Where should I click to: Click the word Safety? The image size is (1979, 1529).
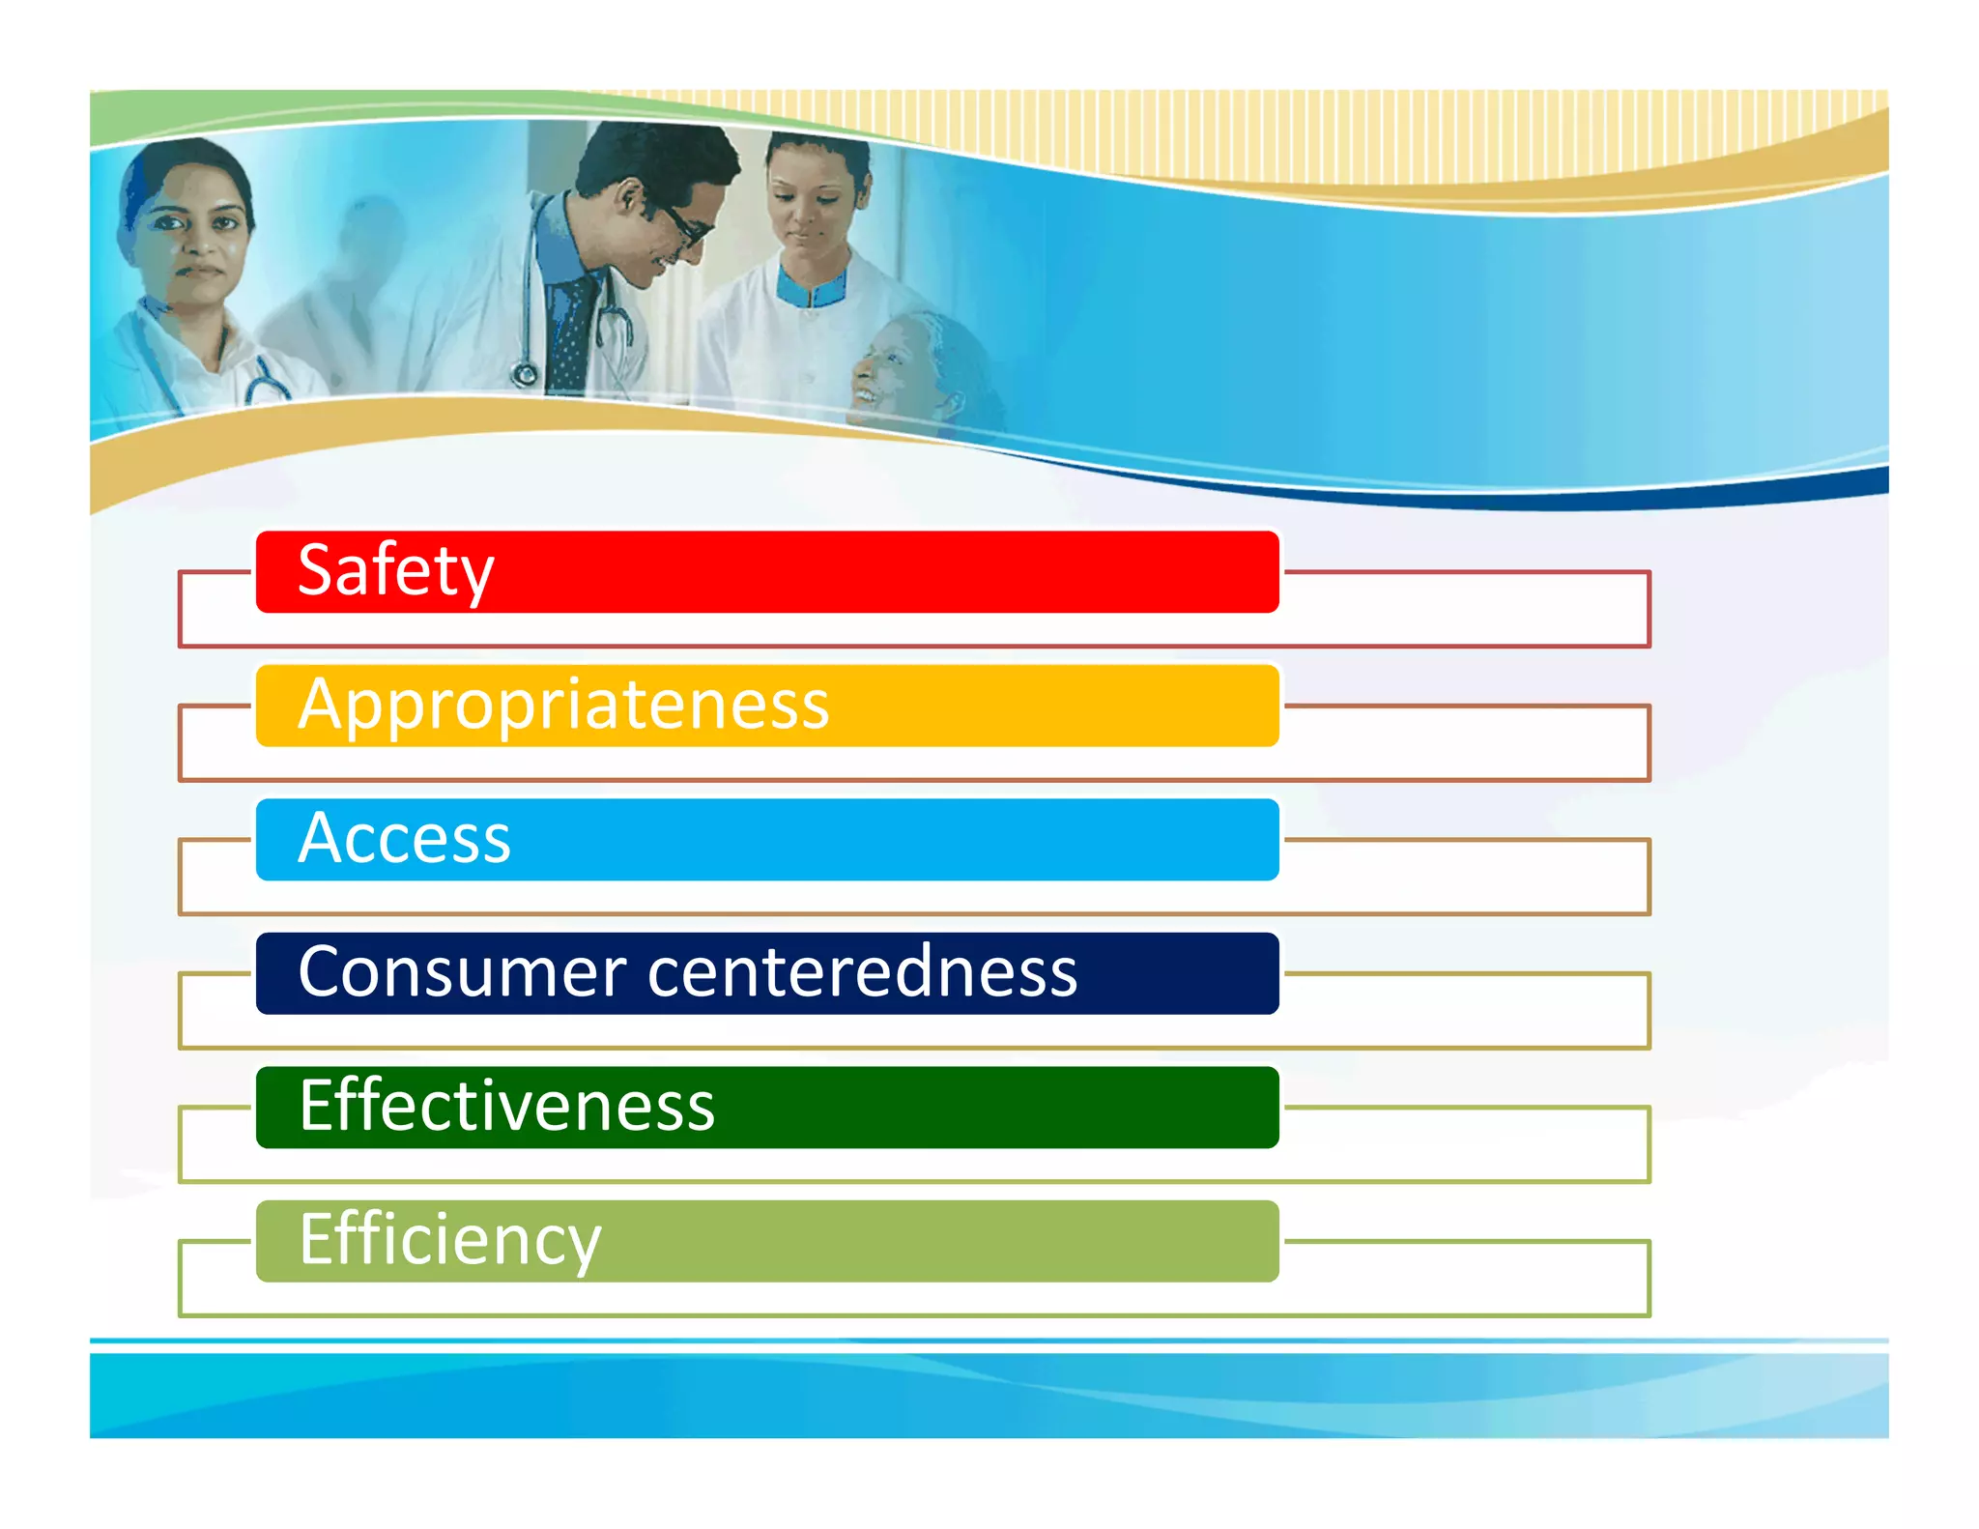tap(395, 571)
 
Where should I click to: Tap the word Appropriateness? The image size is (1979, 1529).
tap(563, 705)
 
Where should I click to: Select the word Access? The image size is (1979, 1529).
tap(404, 838)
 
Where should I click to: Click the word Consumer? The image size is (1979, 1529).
tap(463, 972)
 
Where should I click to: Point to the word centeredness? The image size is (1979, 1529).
tap(862, 972)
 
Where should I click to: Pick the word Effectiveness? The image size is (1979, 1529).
tap(506, 1106)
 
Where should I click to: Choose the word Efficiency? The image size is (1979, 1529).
tap(449, 1240)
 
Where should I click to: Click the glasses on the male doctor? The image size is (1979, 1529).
tap(684, 223)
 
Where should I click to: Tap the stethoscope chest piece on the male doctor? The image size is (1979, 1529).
tap(525, 373)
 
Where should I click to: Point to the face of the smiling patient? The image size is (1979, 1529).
tap(884, 367)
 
